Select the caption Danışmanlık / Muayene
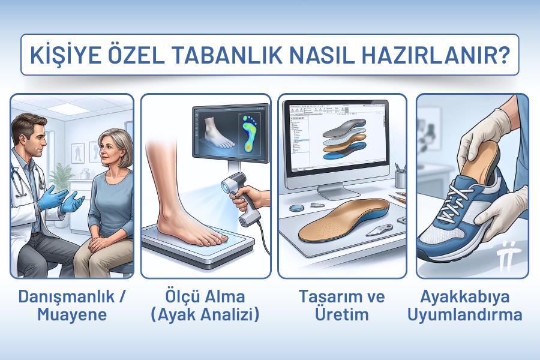[x=71, y=305]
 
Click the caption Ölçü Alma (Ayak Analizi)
[x=206, y=305]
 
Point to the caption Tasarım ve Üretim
[x=341, y=305]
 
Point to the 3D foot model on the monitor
[x=217, y=131]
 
